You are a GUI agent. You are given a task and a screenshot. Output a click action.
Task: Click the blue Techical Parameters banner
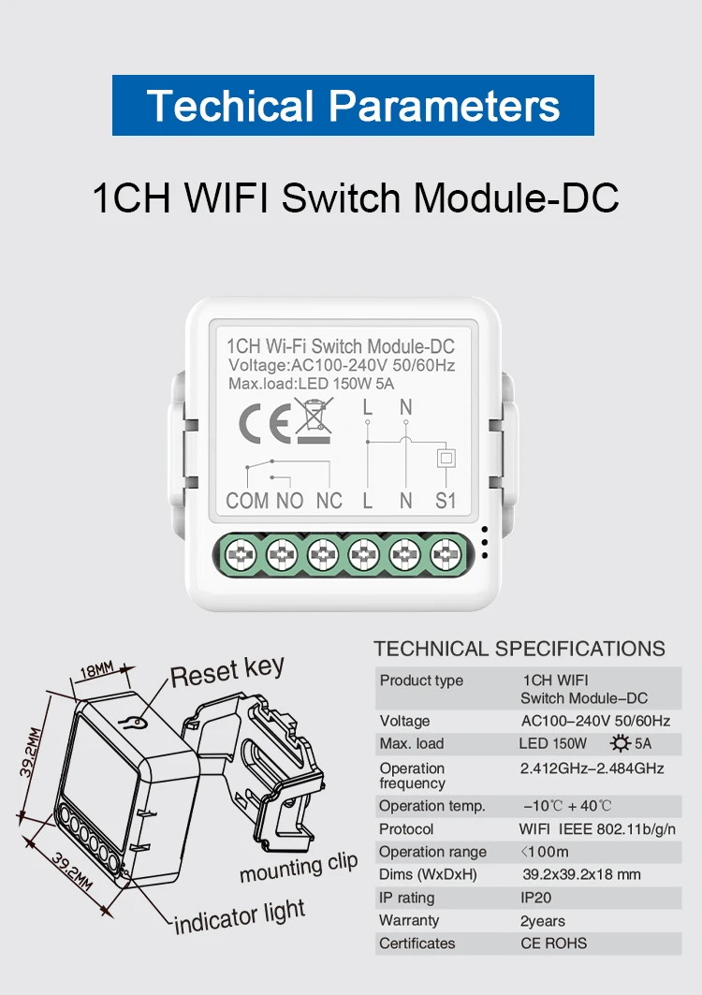click(x=353, y=105)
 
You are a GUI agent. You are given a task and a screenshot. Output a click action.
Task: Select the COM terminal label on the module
click(x=247, y=501)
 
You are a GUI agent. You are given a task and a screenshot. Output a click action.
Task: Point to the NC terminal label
click(x=329, y=501)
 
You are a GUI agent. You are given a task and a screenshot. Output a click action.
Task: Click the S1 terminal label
click(x=446, y=501)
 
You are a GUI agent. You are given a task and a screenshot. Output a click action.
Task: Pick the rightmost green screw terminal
click(x=445, y=556)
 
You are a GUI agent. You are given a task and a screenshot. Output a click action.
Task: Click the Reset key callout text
click(x=227, y=671)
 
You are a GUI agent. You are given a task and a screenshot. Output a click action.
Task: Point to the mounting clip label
click(x=299, y=868)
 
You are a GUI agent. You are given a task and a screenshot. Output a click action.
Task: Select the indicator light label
click(x=241, y=916)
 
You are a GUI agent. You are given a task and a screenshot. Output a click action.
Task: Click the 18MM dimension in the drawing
click(x=95, y=670)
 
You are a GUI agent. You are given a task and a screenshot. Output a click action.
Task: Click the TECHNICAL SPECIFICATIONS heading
click(x=519, y=649)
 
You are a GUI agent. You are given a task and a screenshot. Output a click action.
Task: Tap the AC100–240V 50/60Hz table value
click(x=595, y=721)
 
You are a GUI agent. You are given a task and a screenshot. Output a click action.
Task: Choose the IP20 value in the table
click(x=536, y=898)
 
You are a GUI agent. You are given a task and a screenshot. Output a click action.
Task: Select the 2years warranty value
click(x=543, y=921)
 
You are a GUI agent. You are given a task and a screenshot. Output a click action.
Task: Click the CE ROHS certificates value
click(x=554, y=944)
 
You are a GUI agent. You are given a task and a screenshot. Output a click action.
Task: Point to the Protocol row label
click(x=406, y=829)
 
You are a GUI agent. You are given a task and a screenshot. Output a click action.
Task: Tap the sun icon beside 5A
click(x=620, y=744)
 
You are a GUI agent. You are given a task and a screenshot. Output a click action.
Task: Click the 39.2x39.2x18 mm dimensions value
click(x=581, y=875)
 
